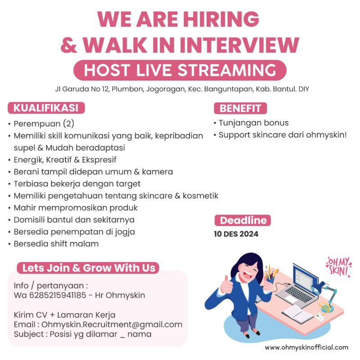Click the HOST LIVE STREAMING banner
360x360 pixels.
point(180,71)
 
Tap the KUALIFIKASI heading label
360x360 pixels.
point(46,108)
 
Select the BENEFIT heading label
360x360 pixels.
point(240,108)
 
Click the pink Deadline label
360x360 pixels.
point(243,220)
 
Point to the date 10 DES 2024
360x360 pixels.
point(236,234)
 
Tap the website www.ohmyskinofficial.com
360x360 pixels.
point(306,347)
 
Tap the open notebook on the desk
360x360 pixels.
point(297,312)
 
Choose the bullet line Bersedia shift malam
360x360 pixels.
point(56,244)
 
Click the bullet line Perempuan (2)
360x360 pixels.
point(44,123)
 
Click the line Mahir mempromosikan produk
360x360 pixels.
point(76,208)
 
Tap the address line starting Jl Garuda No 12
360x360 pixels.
point(180,89)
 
